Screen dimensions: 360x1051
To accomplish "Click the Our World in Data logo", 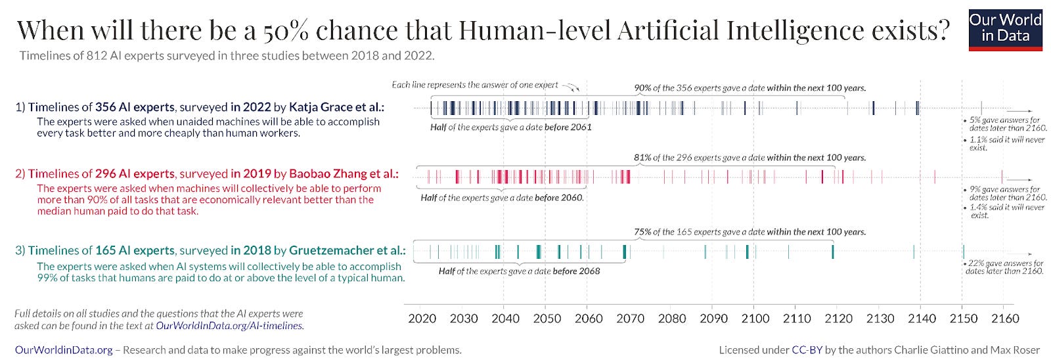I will (1005, 30).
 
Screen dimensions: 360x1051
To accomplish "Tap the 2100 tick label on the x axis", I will (755, 319).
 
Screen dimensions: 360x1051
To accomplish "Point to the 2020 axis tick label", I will (422, 319).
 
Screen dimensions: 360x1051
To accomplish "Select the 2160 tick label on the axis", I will (1005, 319).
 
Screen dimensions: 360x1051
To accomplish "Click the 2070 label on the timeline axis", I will (630, 319).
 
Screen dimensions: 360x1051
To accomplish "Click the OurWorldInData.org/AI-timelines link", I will (229, 326).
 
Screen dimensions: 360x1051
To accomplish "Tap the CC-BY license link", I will (807, 350).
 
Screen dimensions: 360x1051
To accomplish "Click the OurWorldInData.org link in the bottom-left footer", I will (64, 350).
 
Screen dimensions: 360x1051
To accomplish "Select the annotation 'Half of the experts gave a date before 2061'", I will (510, 127).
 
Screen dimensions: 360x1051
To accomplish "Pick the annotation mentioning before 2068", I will (519, 271).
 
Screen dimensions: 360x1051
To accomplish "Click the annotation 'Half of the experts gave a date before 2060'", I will (502, 198).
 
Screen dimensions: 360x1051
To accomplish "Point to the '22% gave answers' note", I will (1004, 267).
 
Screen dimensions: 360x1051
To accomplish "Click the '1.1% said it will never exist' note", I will (1006, 143).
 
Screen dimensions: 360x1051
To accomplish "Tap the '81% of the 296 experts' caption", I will (749, 158).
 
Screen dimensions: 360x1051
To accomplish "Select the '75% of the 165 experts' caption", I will (749, 232).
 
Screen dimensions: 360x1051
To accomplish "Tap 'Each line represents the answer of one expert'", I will (474, 85).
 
